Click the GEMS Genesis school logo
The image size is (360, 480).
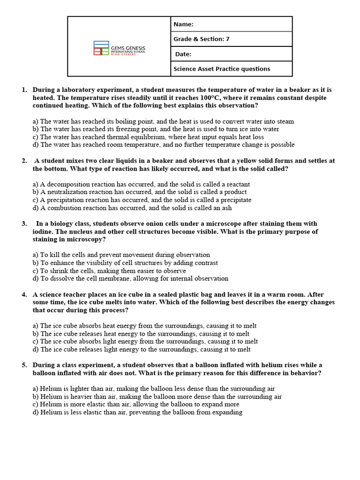(x=119, y=48)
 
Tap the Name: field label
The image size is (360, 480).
(x=183, y=24)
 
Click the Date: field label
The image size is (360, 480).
(x=183, y=54)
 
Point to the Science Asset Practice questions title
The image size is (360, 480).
(x=222, y=69)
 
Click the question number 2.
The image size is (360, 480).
(x=24, y=161)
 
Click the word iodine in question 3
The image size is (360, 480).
(x=43, y=232)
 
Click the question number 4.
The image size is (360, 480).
(x=24, y=295)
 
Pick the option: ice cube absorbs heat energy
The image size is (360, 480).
(x=145, y=326)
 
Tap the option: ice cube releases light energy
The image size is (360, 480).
(x=145, y=349)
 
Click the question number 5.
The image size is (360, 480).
(x=24, y=365)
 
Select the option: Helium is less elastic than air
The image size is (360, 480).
(x=137, y=412)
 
